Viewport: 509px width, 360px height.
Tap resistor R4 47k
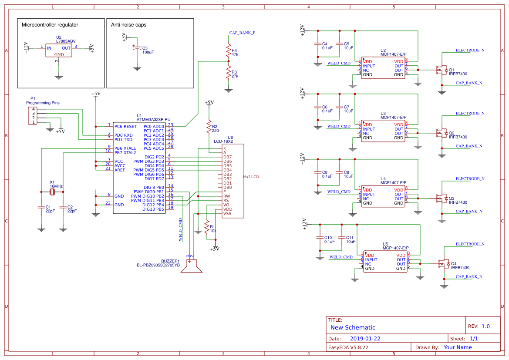(x=228, y=52)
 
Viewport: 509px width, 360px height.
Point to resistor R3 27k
(x=228, y=73)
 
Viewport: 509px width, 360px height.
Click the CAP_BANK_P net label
(x=242, y=33)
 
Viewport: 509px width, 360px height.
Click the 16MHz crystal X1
(x=52, y=192)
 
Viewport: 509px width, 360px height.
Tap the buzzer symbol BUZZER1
(x=192, y=266)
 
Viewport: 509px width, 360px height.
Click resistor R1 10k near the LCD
(x=206, y=228)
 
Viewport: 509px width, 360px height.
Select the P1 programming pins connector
(x=31, y=116)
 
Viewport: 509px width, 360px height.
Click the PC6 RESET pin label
(x=125, y=127)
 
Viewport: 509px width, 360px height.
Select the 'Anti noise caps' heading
(x=129, y=25)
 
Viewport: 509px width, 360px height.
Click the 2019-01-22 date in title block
(x=365, y=339)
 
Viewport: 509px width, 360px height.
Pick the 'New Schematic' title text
(x=353, y=327)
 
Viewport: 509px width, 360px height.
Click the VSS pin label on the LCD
(x=227, y=214)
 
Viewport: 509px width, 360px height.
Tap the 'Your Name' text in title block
(x=457, y=347)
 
